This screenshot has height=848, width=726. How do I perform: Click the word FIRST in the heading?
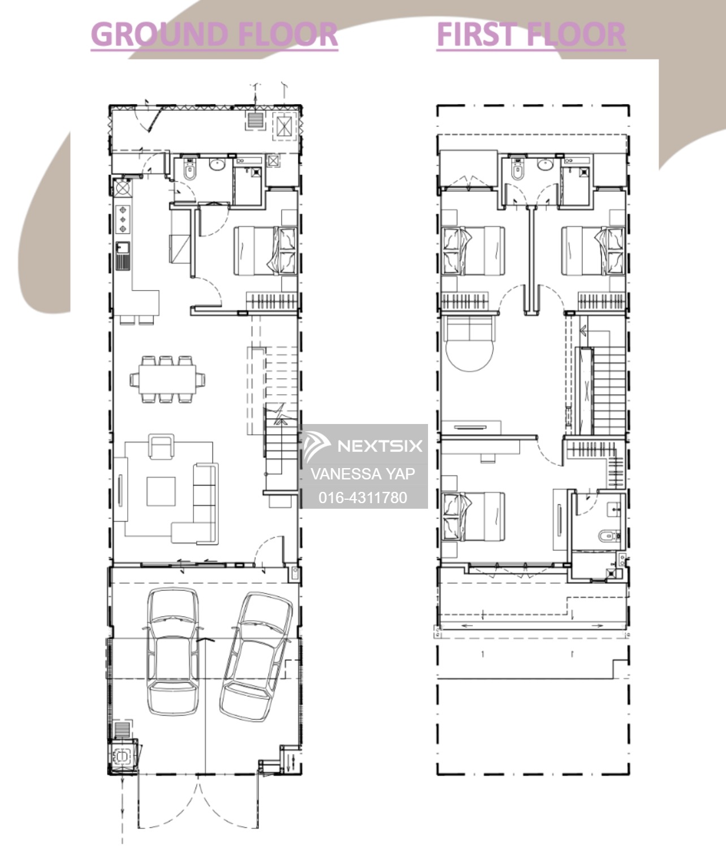[x=476, y=34]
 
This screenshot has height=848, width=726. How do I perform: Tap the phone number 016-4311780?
[x=363, y=497]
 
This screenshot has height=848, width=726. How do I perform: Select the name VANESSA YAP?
[x=363, y=474]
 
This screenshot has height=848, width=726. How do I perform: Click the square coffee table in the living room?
[x=161, y=491]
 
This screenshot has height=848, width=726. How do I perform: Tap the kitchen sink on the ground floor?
[x=123, y=256]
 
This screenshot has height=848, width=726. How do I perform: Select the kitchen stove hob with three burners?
[x=123, y=219]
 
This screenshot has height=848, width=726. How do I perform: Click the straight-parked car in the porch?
[x=172, y=652]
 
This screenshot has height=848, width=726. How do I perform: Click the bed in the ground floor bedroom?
[x=266, y=250]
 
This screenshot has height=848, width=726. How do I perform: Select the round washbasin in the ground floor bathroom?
[x=217, y=164]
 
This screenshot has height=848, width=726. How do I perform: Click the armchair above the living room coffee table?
[x=161, y=447]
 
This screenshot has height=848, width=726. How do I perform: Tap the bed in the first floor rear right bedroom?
[x=593, y=250]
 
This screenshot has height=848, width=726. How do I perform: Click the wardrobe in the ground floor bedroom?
[x=272, y=301]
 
